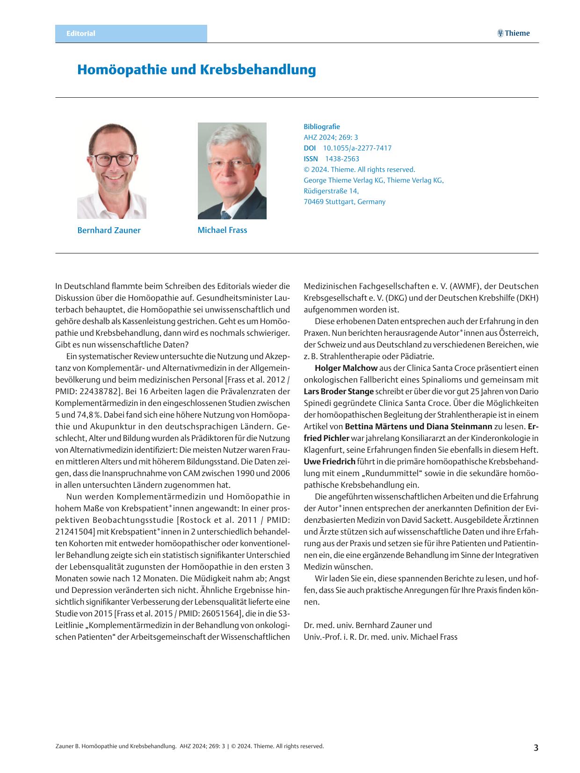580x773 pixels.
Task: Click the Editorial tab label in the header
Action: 81,34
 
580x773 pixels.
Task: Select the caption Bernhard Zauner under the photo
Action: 109,230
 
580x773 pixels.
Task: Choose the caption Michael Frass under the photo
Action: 222,230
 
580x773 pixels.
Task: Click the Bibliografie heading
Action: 322,127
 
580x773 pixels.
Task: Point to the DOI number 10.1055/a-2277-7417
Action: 357,148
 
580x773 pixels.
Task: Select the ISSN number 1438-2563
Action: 342,159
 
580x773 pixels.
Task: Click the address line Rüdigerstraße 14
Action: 331,191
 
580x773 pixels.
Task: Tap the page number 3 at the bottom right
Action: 536,748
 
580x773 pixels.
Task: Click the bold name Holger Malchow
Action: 346,368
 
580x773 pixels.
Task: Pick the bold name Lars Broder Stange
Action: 339,391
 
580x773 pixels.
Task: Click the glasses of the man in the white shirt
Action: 114,159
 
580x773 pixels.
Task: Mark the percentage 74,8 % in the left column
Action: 89,415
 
